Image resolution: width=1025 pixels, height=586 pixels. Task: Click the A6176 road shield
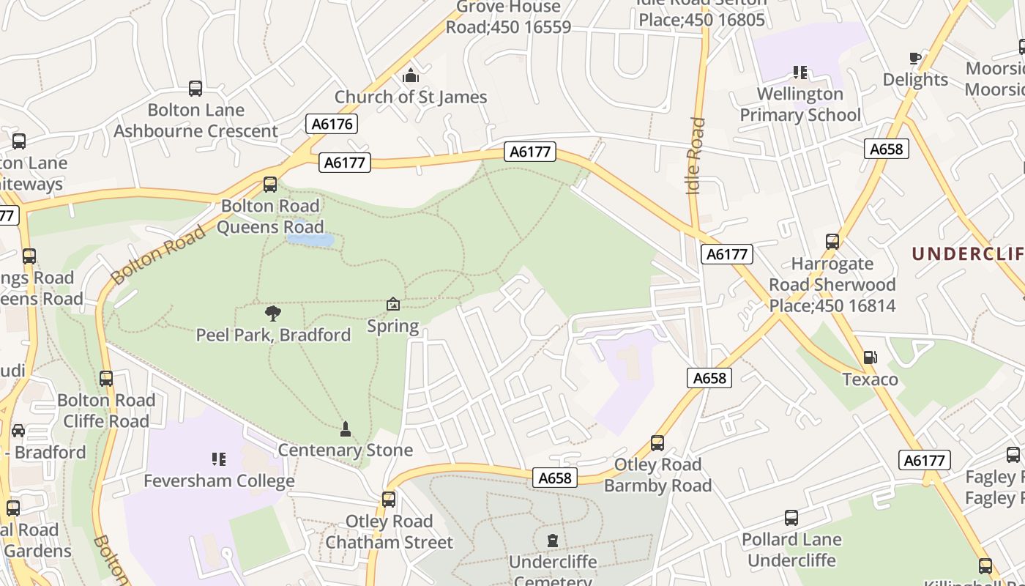coord(332,124)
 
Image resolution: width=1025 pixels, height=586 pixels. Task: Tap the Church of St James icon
coord(411,75)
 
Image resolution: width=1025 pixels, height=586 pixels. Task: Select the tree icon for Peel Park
coord(273,314)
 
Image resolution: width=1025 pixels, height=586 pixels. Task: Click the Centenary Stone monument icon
coord(345,429)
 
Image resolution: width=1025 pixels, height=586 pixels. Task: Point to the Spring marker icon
coord(393,304)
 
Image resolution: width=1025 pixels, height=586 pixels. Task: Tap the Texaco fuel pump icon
coord(870,357)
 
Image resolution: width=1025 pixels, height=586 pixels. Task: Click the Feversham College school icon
coord(218,459)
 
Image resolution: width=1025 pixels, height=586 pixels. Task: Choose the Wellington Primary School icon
coord(799,73)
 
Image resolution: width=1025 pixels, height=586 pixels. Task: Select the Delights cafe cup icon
coord(914,58)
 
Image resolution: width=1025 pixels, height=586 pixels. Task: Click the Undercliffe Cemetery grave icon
coord(552,541)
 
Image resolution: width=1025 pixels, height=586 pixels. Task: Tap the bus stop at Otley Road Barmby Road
coord(657,443)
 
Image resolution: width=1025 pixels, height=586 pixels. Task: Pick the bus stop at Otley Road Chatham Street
coord(389,500)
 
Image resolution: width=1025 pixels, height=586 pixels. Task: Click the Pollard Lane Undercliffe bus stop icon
coord(791,518)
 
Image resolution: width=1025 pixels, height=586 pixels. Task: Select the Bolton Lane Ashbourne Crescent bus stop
coord(195,89)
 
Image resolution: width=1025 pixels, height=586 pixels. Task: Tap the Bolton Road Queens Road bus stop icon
coord(270,185)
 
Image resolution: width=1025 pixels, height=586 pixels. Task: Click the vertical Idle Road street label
coord(696,156)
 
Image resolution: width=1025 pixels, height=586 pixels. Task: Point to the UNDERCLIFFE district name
coord(967,253)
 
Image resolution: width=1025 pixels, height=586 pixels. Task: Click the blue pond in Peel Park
coord(310,240)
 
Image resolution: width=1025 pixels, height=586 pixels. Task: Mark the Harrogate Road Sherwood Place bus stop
coord(832,242)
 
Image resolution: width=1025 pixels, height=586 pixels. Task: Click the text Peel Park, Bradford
coord(273,335)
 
